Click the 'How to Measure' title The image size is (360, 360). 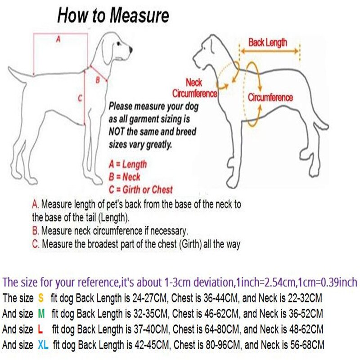point(112,16)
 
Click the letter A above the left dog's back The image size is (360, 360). point(58,40)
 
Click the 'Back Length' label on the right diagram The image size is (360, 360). point(268,43)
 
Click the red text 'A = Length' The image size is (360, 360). point(128,165)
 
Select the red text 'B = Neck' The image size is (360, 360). point(125,177)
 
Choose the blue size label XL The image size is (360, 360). point(44,345)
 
